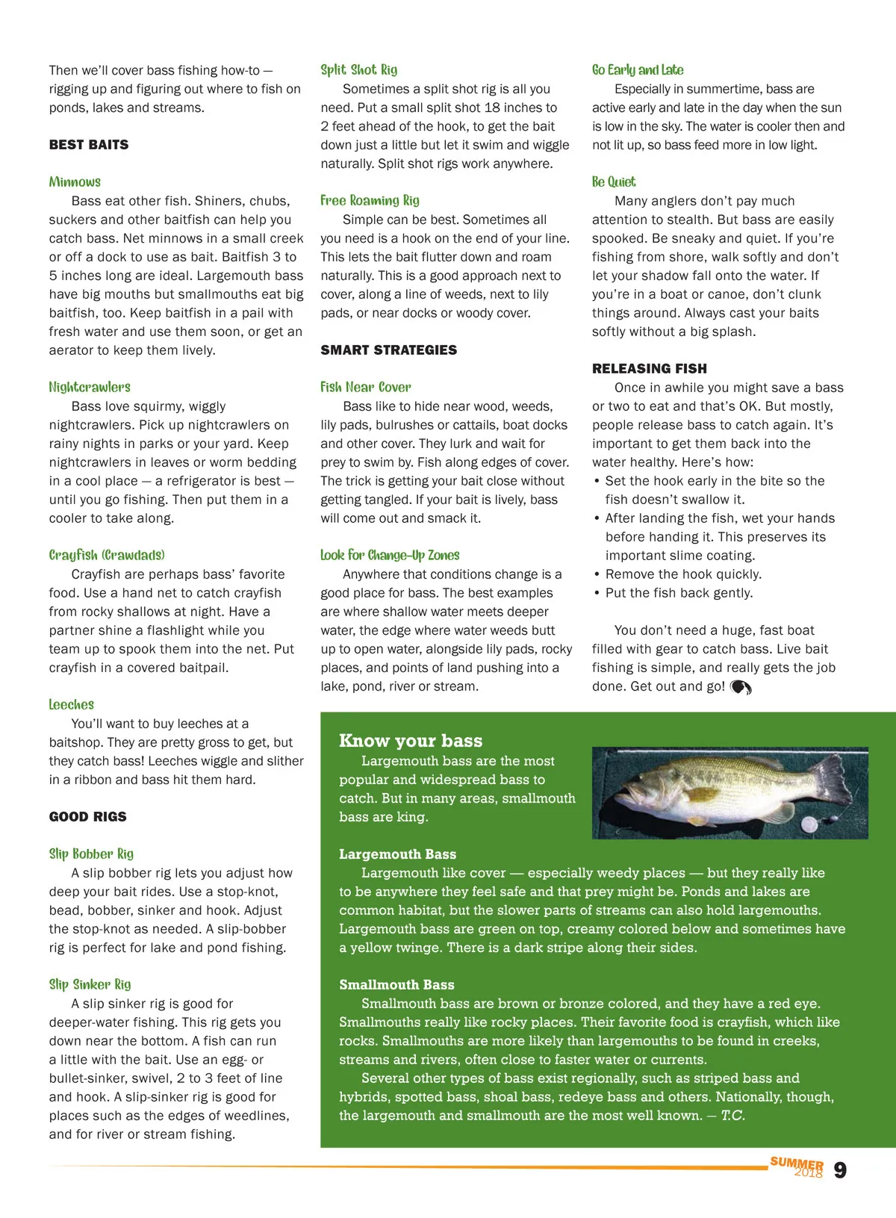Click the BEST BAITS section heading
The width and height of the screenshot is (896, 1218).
(x=89, y=145)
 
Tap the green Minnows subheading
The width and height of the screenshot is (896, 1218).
(x=75, y=182)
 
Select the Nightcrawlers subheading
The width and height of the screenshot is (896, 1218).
(x=90, y=387)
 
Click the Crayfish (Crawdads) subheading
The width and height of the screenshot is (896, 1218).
(x=107, y=555)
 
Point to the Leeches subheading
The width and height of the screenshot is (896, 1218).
(x=72, y=704)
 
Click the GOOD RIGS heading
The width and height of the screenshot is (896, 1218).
(x=88, y=817)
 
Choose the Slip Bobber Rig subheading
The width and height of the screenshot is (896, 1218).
(x=91, y=854)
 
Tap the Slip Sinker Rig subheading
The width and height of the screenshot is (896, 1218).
(x=90, y=984)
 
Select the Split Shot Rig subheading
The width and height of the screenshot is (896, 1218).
(x=358, y=70)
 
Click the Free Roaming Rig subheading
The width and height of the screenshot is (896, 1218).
(x=370, y=200)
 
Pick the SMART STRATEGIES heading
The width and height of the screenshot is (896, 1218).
(x=388, y=350)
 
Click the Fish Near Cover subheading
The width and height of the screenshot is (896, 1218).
(x=365, y=387)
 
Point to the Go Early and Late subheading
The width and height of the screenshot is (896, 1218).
(x=638, y=70)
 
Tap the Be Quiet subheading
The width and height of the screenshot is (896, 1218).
(x=614, y=182)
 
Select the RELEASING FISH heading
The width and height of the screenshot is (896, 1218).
(x=649, y=369)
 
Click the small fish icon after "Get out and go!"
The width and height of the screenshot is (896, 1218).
(x=741, y=687)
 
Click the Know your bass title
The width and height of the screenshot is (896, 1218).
(x=411, y=741)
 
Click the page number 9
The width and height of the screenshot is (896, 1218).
(x=840, y=1170)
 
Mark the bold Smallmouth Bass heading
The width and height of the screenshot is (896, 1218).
(x=396, y=985)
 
